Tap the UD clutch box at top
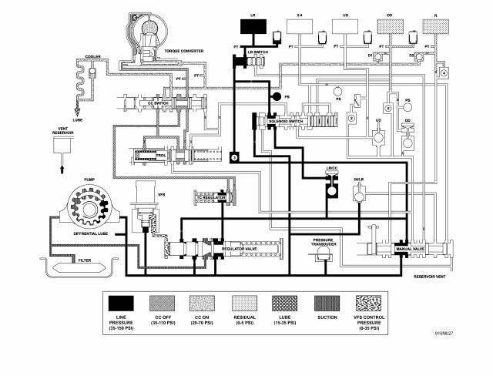(344, 25)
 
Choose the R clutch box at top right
(436, 25)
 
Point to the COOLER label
(92, 56)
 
